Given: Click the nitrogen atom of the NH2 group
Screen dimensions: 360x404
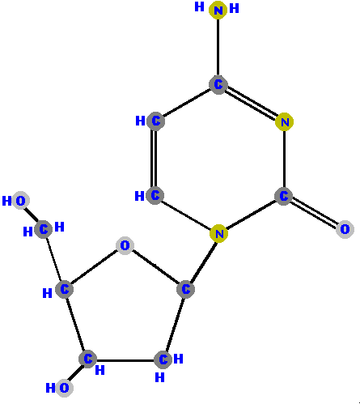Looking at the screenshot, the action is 218,10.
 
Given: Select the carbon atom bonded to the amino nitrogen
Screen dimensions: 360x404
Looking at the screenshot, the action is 218,85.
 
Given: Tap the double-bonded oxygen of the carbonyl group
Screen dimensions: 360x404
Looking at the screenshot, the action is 345,229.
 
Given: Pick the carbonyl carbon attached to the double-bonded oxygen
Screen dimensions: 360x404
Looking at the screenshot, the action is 283,196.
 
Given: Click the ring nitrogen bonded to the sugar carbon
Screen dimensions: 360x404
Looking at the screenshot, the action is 218,233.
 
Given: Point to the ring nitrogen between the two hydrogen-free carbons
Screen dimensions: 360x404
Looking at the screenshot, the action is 285,122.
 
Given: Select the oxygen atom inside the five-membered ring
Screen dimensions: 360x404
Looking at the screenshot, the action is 125,245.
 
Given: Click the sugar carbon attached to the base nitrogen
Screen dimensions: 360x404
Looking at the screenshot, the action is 185,289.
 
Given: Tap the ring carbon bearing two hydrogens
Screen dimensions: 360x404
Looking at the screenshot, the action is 163,359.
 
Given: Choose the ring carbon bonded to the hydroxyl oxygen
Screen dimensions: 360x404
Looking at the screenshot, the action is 87,359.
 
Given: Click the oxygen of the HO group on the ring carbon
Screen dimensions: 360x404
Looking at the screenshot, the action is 64,388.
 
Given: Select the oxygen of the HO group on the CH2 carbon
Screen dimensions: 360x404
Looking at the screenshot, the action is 20,201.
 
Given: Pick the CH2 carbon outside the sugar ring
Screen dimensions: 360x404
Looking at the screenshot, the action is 44,229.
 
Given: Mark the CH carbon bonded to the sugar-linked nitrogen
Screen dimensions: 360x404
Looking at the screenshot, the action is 155,195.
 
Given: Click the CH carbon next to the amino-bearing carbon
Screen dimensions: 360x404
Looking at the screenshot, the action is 155,121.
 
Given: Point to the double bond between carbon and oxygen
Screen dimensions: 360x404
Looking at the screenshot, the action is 314,212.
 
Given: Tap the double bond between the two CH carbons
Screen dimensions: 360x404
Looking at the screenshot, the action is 155,158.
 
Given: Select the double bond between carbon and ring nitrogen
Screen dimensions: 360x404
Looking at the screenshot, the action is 251,103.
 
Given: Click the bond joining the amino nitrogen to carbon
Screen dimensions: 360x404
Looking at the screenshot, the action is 218,48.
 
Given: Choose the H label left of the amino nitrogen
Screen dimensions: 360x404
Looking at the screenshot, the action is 199,6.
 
